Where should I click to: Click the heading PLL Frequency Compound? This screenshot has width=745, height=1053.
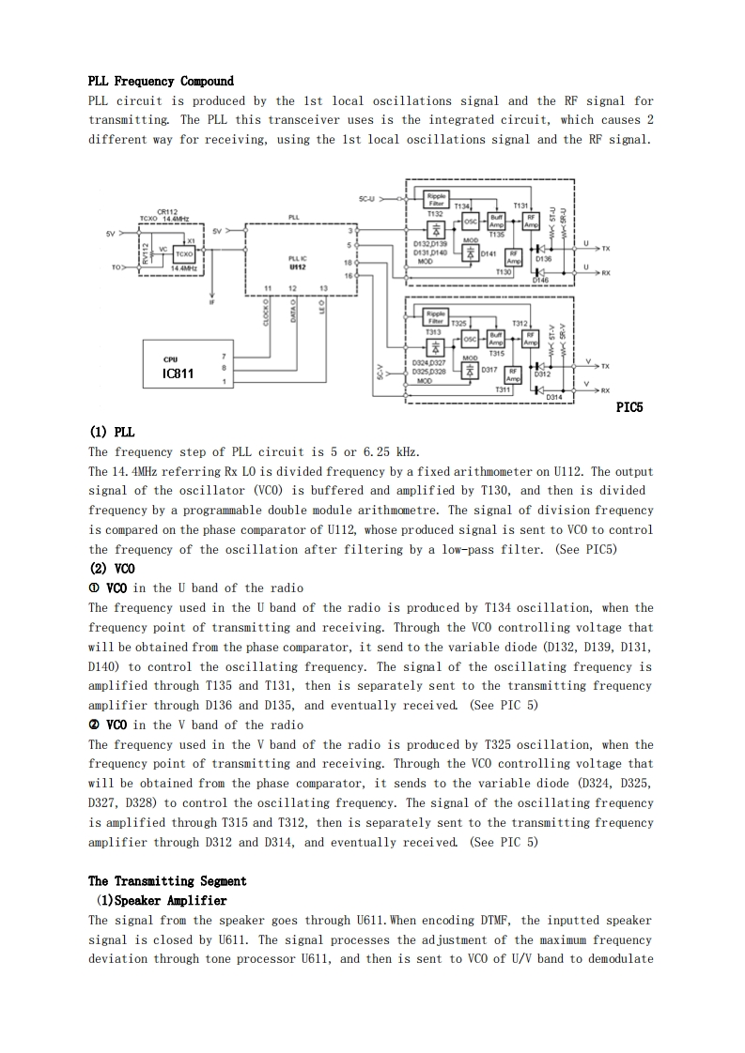[161, 82]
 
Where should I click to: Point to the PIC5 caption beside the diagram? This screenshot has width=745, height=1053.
[629, 407]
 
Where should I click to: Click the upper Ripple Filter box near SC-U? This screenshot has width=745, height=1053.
[437, 200]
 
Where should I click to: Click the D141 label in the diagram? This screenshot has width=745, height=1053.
[489, 253]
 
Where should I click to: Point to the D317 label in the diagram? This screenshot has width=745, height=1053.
[489, 371]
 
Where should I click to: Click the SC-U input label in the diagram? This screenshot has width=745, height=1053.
[366, 199]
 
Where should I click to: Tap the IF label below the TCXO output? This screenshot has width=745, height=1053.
[211, 302]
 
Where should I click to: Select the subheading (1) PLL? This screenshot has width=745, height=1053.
[112, 433]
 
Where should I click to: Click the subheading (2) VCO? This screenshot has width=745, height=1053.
[112, 569]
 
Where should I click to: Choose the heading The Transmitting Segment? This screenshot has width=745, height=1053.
[167, 881]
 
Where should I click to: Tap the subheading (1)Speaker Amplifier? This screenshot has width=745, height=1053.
[159, 901]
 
